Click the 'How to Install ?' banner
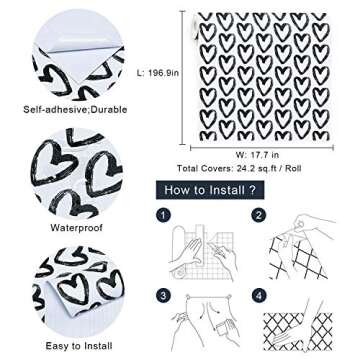click(x=210, y=190)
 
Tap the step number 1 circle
click(x=163, y=216)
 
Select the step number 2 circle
click(x=258, y=216)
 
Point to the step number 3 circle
click(x=163, y=296)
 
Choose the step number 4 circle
click(x=258, y=296)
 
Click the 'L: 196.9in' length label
click(x=158, y=73)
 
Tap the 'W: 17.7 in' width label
click(x=257, y=155)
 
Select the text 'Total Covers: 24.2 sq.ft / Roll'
click(x=239, y=168)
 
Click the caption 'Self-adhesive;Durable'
click(x=75, y=109)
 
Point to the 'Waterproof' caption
click(x=77, y=228)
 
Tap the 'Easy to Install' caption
click(x=79, y=346)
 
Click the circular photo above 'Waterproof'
click(x=77, y=173)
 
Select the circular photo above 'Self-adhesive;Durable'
click(x=78, y=55)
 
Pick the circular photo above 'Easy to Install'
click(x=78, y=292)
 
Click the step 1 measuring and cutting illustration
click(x=203, y=252)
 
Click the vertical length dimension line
click(x=183, y=78)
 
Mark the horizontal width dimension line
click(x=262, y=147)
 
